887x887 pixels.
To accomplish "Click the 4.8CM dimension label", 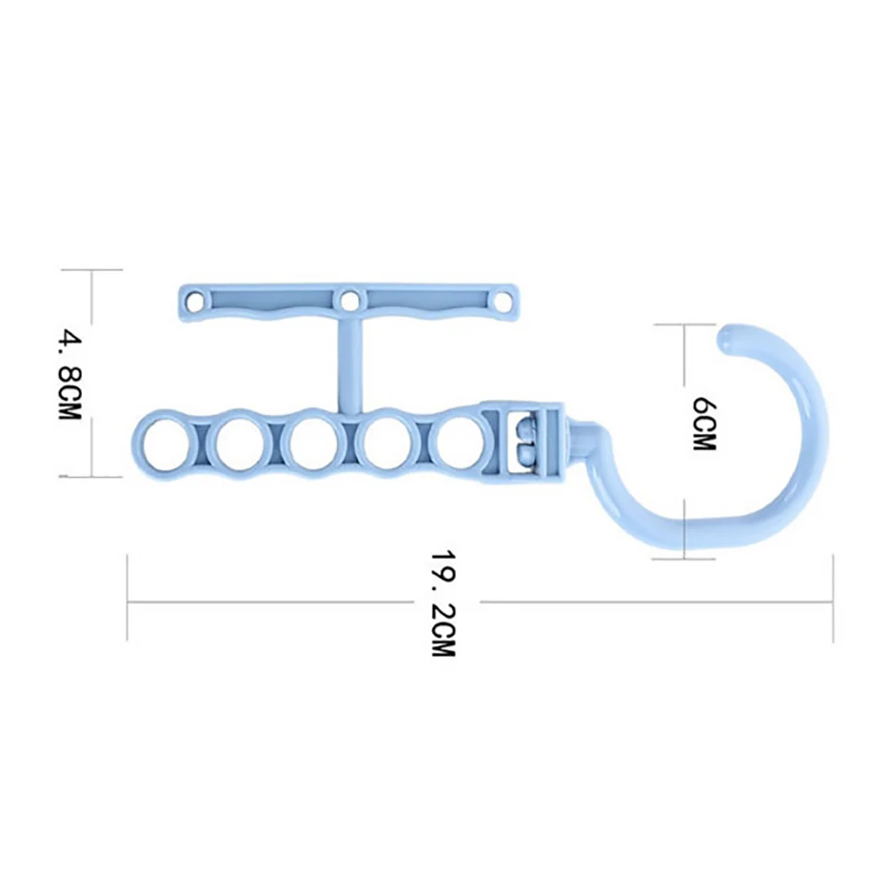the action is click(x=70, y=375).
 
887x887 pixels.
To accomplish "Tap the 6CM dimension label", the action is click(x=704, y=424).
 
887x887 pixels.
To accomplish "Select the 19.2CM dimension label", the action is click(x=443, y=602).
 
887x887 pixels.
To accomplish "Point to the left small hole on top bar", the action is click(x=196, y=299).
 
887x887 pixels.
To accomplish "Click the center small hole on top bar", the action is click(x=348, y=299).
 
